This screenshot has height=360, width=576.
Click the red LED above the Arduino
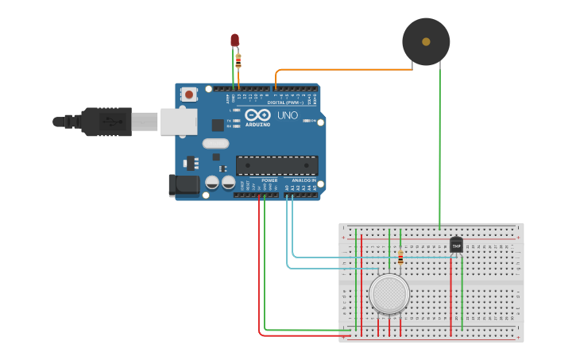coord(234,40)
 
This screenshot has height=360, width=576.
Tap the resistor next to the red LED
coord(238,60)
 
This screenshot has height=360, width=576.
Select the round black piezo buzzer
coord(426,42)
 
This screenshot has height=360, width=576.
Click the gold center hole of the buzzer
coord(426,41)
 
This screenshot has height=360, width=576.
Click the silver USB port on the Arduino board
coord(179,122)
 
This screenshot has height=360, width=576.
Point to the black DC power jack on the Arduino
coord(185,186)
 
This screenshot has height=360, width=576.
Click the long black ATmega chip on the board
coord(276,165)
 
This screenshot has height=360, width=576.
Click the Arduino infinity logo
coord(263,115)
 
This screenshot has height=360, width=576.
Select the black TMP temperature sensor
coord(456,246)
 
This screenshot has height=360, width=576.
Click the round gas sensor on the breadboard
coord(389,292)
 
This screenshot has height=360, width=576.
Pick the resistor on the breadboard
coord(400,257)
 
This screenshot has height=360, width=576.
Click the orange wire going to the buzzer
coord(342,70)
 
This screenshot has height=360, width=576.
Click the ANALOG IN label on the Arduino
coord(303,180)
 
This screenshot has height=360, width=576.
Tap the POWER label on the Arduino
coord(269,180)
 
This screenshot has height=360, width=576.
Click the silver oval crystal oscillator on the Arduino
coord(215,144)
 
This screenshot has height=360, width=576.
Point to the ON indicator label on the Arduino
coord(315,121)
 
